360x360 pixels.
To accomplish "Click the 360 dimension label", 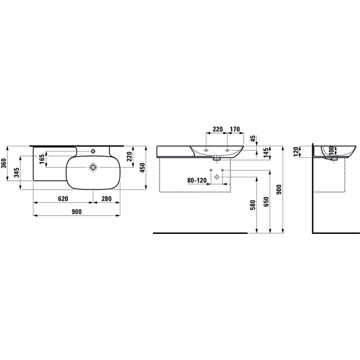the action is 4,163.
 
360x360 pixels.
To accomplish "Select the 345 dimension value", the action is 17,173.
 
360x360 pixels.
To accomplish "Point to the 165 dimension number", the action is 42,159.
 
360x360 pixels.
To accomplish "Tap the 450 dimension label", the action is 142,168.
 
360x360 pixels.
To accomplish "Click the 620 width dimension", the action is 63,199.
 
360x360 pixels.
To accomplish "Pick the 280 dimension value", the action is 107,199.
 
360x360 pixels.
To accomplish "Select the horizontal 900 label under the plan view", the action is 77,211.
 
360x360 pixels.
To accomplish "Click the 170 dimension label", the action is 234,129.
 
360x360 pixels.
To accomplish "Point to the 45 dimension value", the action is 253,139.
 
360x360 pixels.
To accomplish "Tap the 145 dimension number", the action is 266,153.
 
